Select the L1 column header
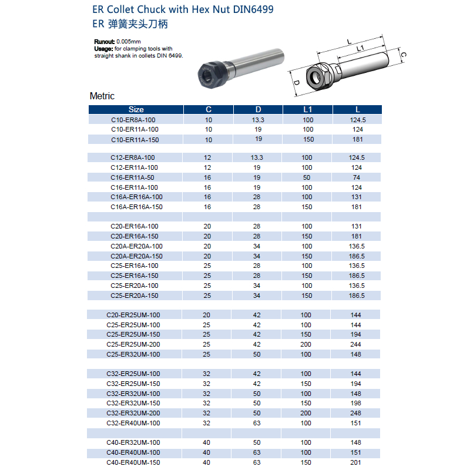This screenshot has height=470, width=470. [308, 109]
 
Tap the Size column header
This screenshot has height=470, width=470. [136, 109]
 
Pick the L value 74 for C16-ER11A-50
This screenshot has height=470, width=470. [357, 177]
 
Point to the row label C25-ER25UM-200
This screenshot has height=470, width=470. [133, 344]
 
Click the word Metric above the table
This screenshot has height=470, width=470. [102, 96]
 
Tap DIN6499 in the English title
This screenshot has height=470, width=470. [250, 10]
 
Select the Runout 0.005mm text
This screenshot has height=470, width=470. [117, 42]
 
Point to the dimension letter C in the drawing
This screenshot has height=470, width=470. [404, 55]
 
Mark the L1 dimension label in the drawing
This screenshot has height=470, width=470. [362, 48]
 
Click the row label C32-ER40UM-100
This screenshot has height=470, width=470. [133, 423]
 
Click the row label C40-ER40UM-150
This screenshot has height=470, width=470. [133, 462]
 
